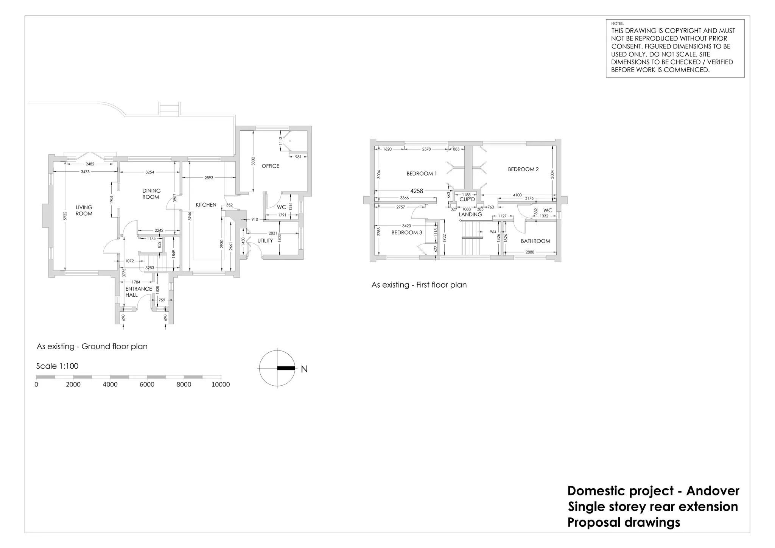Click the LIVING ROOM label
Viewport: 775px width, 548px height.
(x=84, y=210)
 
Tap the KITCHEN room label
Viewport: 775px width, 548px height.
(x=206, y=205)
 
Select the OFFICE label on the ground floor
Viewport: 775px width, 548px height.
(x=270, y=166)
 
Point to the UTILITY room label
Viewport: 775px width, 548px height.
(x=265, y=241)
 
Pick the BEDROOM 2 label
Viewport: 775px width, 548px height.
(x=523, y=169)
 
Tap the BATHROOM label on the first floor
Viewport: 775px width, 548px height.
(x=535, y=241)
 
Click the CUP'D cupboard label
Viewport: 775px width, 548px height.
(x=467, y=199)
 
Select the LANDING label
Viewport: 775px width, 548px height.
(x=470, y=214)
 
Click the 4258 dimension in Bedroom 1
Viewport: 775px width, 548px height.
(x=416, y=191)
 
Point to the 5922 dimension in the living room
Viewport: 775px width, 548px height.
(x=65, y=216)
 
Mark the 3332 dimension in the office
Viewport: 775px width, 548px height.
(x=253, y=162)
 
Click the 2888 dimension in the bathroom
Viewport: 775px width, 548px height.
(x=530, y=252)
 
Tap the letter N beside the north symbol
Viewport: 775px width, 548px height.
(x=304, y=369)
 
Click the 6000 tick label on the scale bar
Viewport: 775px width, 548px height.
(x=147, y=385)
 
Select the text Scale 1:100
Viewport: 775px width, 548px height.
(x=57, y=366)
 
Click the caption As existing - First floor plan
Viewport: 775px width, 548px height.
(x=419, y=285)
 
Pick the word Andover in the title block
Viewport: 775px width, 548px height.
(x=713, y=491)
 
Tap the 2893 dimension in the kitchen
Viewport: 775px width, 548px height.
(x=209, y=177)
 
